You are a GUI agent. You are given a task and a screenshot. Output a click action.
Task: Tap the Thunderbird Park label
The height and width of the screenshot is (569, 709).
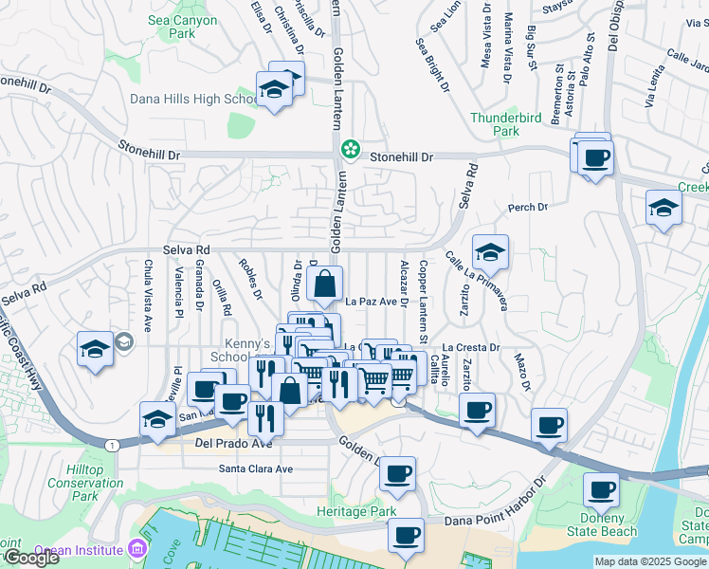(x=508, y=124)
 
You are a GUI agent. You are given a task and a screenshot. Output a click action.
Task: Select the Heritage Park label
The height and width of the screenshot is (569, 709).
(x=356, y=511)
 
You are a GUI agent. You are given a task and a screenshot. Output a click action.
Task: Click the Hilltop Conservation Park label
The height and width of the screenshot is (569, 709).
(x=98, y=483)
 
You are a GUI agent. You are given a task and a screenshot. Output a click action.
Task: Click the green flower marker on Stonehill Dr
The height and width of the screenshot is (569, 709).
(x=351, y=148)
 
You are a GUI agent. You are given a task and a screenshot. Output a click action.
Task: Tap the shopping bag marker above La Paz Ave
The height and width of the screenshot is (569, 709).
(x=324, y=284)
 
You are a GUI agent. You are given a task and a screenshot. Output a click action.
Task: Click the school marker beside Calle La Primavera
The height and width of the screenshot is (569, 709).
(x=490, y=253)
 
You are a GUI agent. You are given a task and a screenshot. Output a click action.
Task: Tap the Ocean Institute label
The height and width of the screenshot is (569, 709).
(x=79, y=549)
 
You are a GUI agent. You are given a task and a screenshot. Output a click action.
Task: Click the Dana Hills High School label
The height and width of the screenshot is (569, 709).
(x=190, y=99)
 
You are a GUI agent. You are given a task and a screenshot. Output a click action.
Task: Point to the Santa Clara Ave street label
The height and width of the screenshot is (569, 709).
(x=256, y=468)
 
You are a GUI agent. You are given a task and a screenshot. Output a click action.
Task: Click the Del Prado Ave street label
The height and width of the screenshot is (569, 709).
(x=233, y=443)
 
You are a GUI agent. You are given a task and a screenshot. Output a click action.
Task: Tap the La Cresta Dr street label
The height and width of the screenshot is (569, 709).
(x=470, y=348)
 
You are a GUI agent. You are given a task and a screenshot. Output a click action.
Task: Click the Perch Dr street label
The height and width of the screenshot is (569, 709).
(x=528, y=207)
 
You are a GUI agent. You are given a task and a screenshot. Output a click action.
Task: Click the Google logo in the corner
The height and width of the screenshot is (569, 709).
(x=30, y=558)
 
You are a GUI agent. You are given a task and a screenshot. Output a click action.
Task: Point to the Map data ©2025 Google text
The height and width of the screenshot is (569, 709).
(x=650, y=561)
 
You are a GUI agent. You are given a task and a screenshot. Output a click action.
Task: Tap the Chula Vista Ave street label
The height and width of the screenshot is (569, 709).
(x=148, y=295)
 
